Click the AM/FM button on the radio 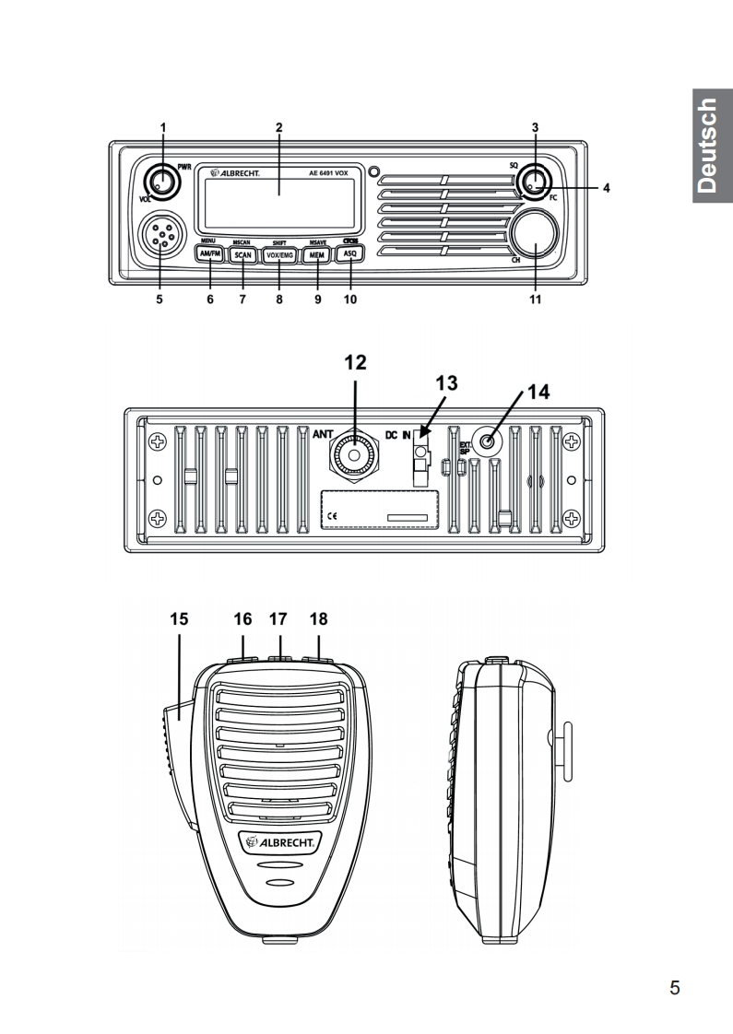[210, 255]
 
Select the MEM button [315, 255]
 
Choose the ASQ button [349, 255]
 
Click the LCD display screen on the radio [277, 203]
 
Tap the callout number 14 [538, 392]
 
